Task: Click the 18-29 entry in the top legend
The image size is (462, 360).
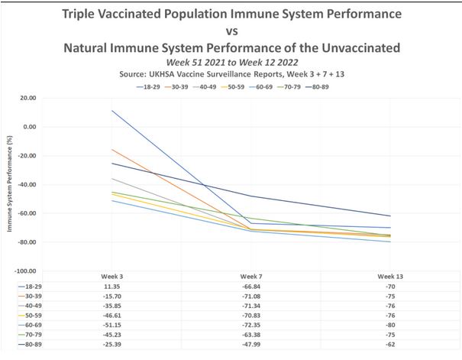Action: (x=150, y=88)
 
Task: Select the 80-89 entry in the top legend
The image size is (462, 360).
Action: (x=327, y=88)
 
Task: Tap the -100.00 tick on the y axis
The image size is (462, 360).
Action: (x=25, y=271)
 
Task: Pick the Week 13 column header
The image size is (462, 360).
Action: (x=389, y=275)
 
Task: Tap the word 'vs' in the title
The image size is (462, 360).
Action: (x=231, y=31)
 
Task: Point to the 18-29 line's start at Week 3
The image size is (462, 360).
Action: (x=113, y=111)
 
